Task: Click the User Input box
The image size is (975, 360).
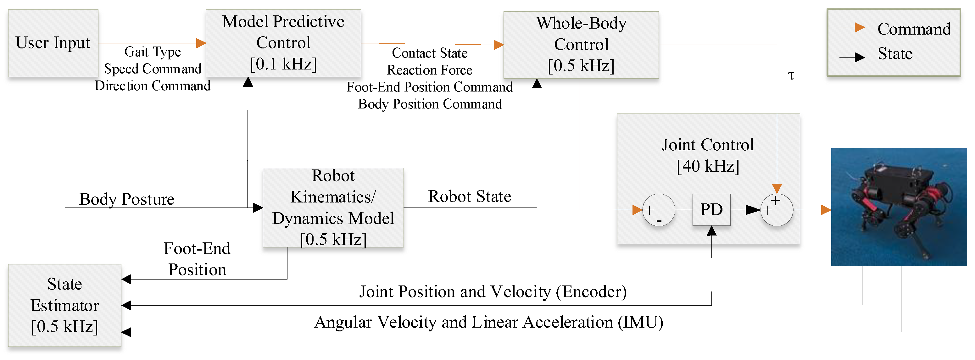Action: click(53, 43)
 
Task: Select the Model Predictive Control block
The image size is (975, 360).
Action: click(283, 43)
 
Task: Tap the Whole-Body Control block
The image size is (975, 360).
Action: click(581, 45)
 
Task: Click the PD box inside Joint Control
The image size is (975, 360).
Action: click(711, 210)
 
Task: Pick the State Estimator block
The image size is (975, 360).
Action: click(65, 305)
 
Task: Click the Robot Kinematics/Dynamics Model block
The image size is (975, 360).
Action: click(333, 208)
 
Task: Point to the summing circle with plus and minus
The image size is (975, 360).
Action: click(658, 210)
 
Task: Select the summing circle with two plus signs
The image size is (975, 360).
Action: click(777, 210)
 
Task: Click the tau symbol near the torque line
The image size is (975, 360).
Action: click(791, 75)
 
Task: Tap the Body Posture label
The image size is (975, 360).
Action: click(127, 199)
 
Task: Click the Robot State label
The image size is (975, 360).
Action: click(469, 197)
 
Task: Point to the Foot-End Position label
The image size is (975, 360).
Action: click(197, 259)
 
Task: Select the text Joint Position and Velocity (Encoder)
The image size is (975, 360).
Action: click(493, 292)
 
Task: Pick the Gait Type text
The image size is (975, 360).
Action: click(153, 52)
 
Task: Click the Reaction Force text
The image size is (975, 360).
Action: click(430, 70)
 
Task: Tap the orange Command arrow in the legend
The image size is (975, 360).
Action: click(852, 28)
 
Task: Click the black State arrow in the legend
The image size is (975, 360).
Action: click(852, 58)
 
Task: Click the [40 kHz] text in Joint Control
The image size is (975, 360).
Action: click(708, 166)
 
